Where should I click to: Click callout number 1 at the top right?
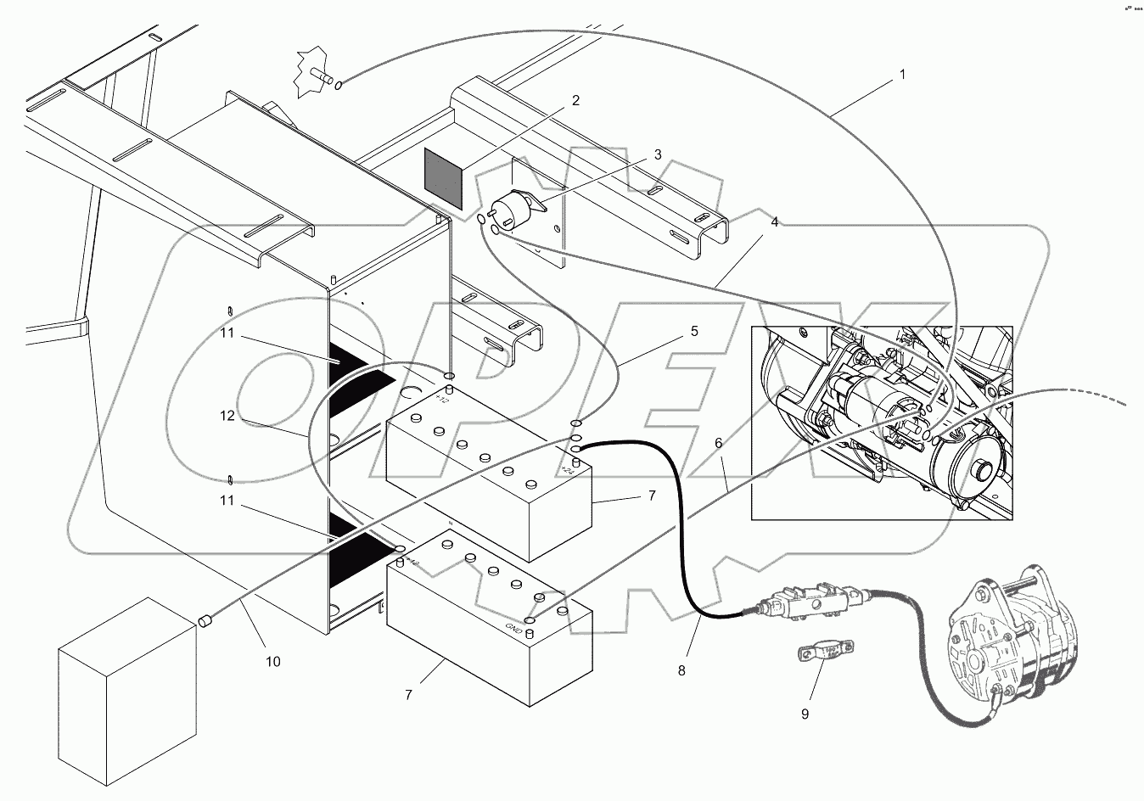[x=903, y=75]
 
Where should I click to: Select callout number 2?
[x=575, y=100]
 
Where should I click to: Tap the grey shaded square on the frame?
[x=443, y=179]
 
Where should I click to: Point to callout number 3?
[x=657, y=155]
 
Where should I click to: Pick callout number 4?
[x=774, y=222]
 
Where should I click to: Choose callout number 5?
[x=694, y=332]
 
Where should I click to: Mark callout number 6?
[x=719, y=443]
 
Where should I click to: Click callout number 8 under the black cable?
[x=681, y=669]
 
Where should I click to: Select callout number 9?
[x=805, y=714]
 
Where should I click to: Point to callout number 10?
[x=273, y=661]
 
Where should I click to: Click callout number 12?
[x=227, y=416]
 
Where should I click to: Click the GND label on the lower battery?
[x=513, y=629]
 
